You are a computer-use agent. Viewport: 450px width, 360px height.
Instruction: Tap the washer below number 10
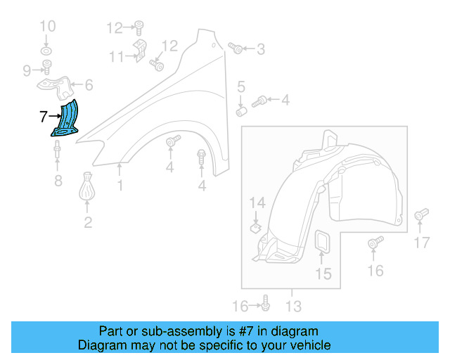point(46,52)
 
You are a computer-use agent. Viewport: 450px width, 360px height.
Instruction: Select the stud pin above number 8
point(56,150)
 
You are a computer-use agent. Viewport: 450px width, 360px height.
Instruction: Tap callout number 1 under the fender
point(120,186)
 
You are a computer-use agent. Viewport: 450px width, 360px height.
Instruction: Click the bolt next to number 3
point(236,49)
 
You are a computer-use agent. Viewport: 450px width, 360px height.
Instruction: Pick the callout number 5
point(240,88)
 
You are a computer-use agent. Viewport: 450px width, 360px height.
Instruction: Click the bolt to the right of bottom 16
point(266,304)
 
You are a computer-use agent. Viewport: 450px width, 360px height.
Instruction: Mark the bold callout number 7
point(43,116)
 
